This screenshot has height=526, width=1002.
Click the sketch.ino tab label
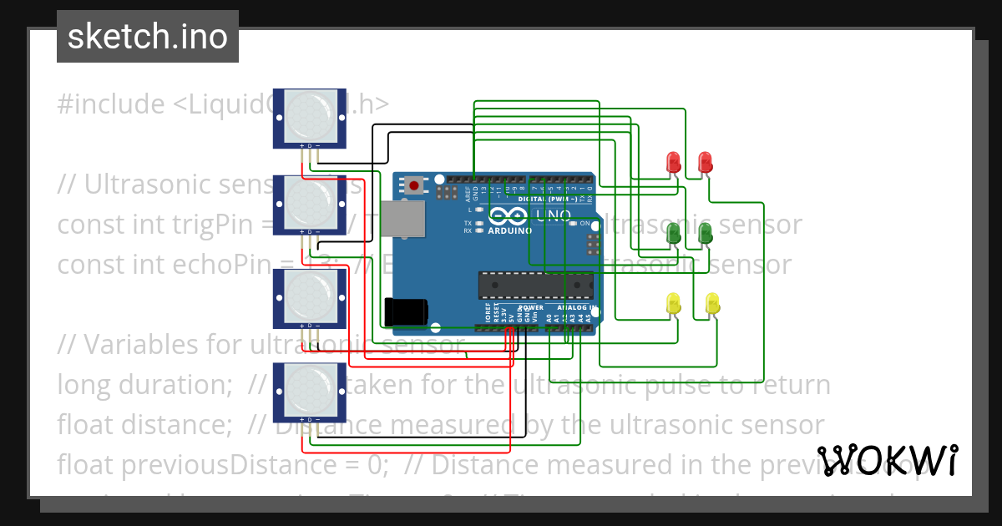click(x=148, y=37)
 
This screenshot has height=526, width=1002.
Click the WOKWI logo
click(x=888, y=460)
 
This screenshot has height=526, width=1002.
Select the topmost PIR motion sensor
click(x=310, y=118)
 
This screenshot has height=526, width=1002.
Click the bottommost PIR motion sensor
click(x=310, y=391)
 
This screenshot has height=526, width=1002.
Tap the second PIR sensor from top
click(x=310, y=205)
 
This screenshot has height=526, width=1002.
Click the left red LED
click(x=672, y=162)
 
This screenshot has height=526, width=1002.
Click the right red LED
click(x=705, y=162)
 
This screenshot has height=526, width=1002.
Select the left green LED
click(x=672, y=234)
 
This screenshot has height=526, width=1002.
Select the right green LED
click(x=705, y=234)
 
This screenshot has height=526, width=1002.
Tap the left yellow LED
click(x=673, y=304)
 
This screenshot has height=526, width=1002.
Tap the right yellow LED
click(x=712, y=303)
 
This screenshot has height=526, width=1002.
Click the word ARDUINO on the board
click(x=509, y=230)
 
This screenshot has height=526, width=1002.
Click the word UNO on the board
click(x=553, y=215)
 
